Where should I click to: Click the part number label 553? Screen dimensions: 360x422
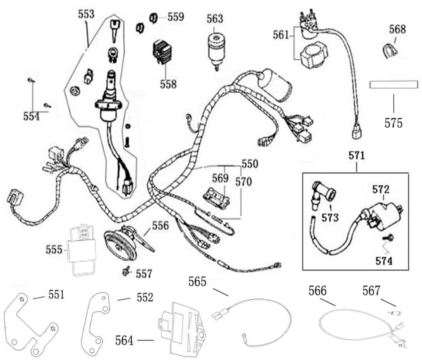(86, 14)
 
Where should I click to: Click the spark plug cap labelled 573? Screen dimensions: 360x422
(323, 193)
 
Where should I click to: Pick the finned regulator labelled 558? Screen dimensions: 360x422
(162, 52)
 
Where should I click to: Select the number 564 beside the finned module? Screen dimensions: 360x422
(124, 339)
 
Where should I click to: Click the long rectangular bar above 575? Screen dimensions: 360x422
(392, 84)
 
